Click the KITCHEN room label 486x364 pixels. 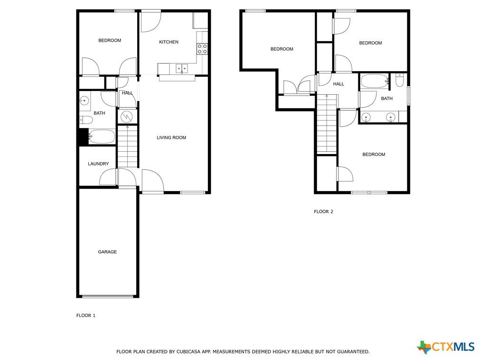coord(168,42)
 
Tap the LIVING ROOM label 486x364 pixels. coord(171,138)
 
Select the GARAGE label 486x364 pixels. coord(107,252)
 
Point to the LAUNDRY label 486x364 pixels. coord(98,164)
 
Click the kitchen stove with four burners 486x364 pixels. coord(202,49)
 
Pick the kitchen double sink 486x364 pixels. coord(182,68)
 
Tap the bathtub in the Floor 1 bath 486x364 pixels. coord(102,136)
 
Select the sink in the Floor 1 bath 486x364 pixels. coord(84,100)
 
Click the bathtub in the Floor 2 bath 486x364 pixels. coord(374,82)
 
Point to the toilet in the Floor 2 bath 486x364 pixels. coord(400,81)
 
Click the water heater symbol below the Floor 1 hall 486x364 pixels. coord(127,117)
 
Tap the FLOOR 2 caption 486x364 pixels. coord(323,212)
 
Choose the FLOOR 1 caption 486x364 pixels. coord(86,315)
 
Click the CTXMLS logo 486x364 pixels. coord(446,346)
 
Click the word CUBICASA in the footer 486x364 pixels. coord(189,352)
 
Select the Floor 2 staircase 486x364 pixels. coord(327,124)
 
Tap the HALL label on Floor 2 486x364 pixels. coord(338,84)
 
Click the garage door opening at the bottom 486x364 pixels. coord(108,296)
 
